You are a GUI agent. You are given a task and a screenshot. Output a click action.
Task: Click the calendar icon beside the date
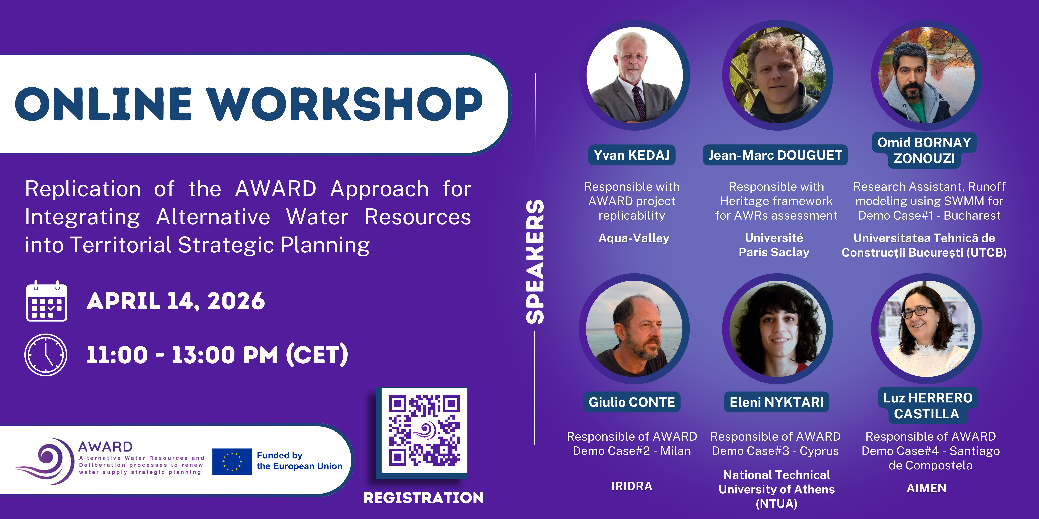coord(46,301)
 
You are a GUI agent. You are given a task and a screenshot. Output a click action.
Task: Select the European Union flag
coord(232,461)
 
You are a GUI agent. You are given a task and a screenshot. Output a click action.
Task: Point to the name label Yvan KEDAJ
coord(632,155)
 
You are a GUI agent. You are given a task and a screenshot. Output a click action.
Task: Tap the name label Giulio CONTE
coord(632,402)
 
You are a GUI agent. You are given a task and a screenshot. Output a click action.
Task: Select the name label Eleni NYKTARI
coord(776,402)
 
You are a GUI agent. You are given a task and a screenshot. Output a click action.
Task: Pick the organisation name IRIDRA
coord(632,486)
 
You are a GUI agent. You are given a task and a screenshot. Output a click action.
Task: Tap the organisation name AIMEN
coord(926,488)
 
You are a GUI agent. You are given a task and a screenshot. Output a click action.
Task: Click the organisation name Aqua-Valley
coord(634,238)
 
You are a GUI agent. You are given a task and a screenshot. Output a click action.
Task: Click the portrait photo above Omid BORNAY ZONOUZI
coord(926,75)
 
